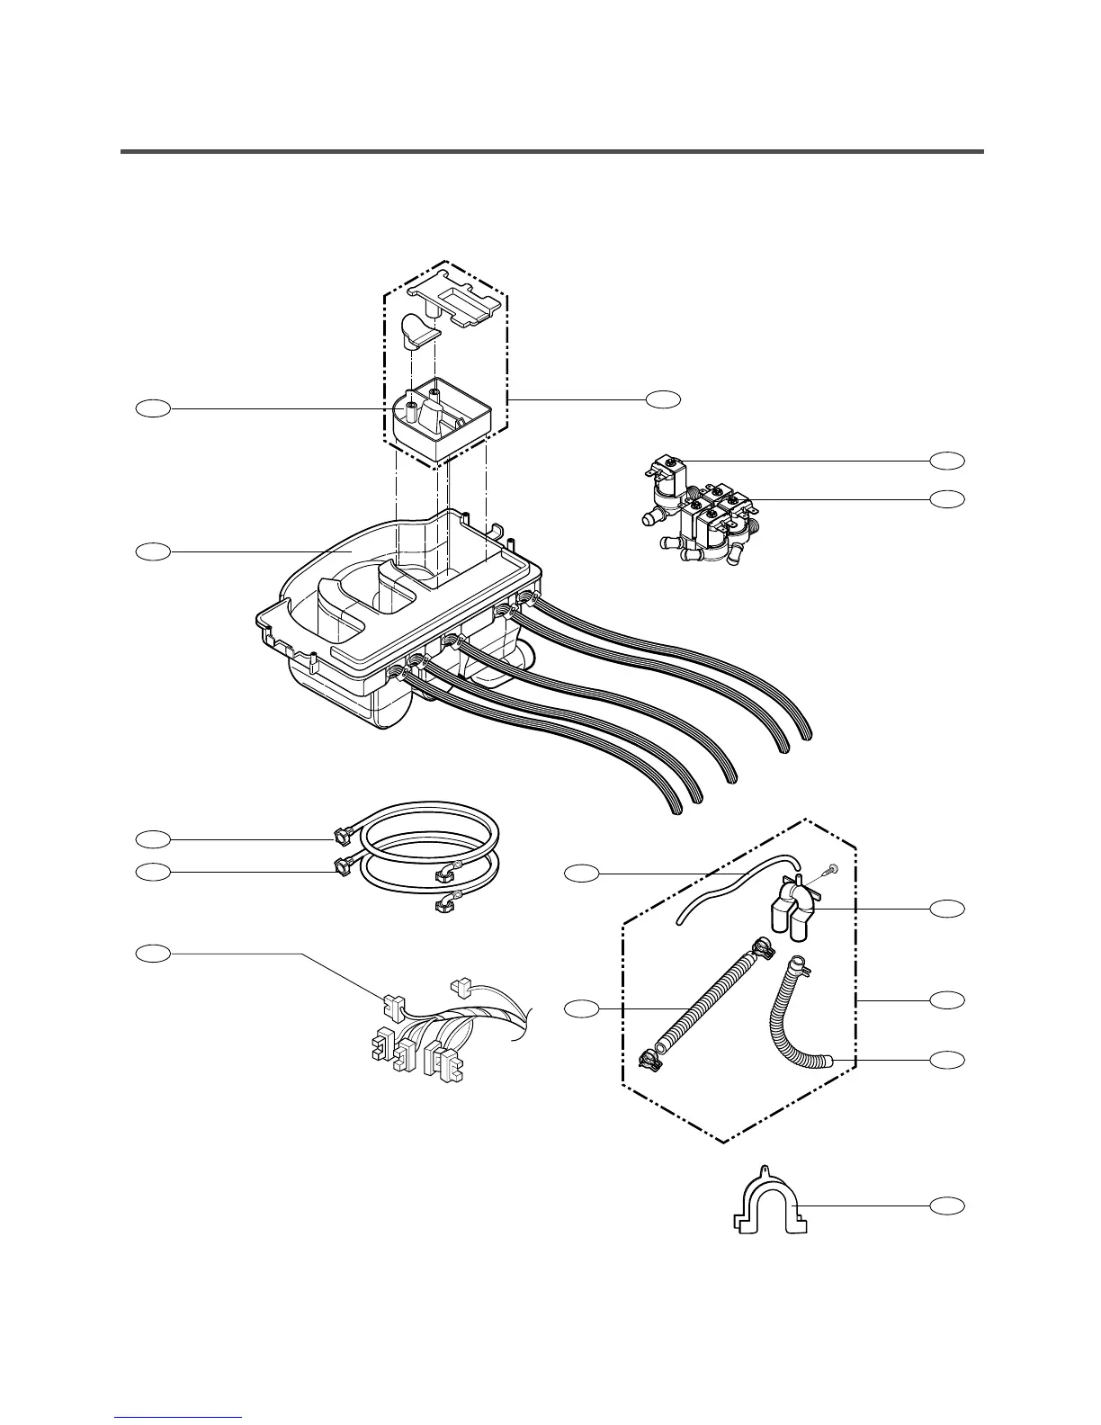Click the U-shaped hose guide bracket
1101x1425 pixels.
(767, 1205)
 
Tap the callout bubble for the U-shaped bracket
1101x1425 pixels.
(946, 1205)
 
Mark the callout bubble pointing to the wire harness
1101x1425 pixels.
(153, 953)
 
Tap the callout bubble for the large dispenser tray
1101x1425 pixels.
(153, 551)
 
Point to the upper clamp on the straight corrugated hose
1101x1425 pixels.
(759, 946)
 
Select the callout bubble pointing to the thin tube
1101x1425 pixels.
(581, 873)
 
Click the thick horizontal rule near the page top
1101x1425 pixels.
(551, 151)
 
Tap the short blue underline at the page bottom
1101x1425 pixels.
(179, 1419)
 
